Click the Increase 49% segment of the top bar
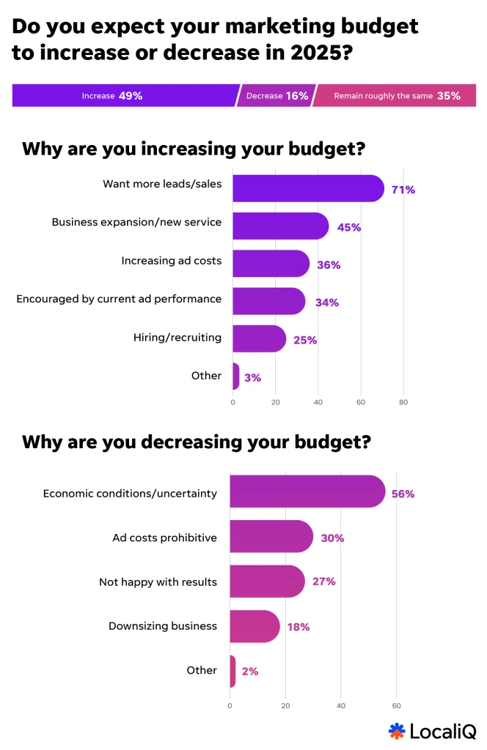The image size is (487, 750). click(125, 96)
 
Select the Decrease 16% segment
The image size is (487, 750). click(275, 96)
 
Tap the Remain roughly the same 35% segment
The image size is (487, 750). click(396, 96)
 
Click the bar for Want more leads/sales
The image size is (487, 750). click(308, 188)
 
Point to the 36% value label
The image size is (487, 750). click(329, 264)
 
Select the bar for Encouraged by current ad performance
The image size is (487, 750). click(268, 301)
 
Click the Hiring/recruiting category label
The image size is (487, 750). click(177, 337)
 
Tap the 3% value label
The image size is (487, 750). click(252, 378)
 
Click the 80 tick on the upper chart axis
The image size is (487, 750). click(403, 402)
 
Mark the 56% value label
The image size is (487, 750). click(403, 494)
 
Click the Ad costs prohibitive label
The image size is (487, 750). click(164, 538)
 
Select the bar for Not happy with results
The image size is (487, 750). click(267, 581)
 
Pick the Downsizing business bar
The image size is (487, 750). click(255, 626)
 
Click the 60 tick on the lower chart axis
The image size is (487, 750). click(397, 706)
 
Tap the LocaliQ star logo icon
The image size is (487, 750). click(397, 730)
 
